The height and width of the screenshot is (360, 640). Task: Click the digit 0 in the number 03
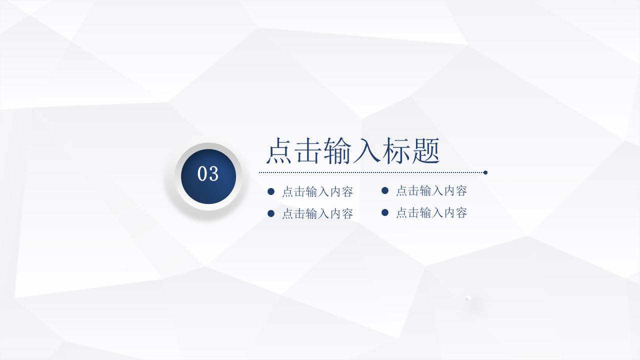pos(202,174)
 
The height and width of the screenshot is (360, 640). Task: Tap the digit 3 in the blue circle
pos(213,174)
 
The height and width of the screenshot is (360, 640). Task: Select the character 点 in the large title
pos(279,151)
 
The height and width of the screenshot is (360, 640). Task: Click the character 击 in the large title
pos(308,151)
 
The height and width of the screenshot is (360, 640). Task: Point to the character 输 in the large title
pos(338,151)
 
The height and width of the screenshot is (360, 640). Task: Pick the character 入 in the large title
pos(367,151)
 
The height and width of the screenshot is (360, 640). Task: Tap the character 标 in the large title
pos(396,151)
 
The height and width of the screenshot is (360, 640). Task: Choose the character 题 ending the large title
pos(425,151)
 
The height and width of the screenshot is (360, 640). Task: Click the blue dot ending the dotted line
pos(485,172)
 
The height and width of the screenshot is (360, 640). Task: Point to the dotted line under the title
pos(370,172)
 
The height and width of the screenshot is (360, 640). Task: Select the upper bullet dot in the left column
pos(271,191)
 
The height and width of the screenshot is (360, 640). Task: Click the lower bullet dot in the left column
pos(271,213)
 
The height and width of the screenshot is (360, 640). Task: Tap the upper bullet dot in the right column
pos(385,190)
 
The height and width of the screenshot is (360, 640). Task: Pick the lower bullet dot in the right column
pos(385,212)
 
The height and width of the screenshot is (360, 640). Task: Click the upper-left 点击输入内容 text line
pos(317,192)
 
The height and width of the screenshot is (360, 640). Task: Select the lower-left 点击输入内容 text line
pos(317,214)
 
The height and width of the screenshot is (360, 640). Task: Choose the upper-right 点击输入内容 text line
pos(431,191)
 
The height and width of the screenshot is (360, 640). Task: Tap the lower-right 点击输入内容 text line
pos(431,213)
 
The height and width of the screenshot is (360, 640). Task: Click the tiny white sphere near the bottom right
pos(468,298)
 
